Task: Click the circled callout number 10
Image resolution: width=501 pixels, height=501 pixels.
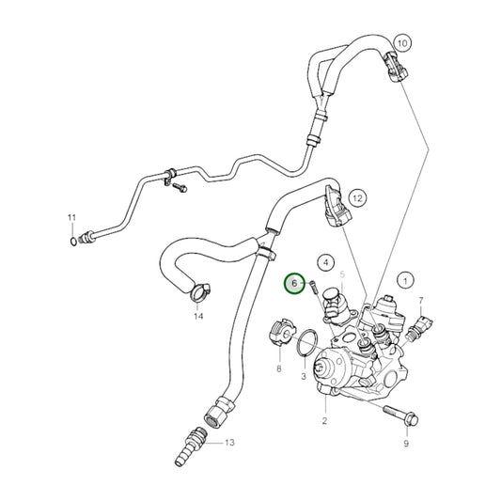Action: point(402,43)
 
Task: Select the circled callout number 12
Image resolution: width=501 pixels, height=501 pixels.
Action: point(357,197)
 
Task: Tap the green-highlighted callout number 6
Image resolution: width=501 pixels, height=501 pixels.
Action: point(295,282)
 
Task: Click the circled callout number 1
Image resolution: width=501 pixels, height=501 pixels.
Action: point(406,279)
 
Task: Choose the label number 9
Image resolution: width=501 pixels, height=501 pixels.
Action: point(406,442)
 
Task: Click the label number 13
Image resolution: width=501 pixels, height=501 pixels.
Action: point(228,442)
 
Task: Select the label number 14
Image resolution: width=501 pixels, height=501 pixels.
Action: point(198,317)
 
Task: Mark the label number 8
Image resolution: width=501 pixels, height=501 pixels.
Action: point(279,370)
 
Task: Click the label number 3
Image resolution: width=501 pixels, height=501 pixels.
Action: point(304,376)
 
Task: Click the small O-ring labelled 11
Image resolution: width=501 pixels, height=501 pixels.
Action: point(72,242)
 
